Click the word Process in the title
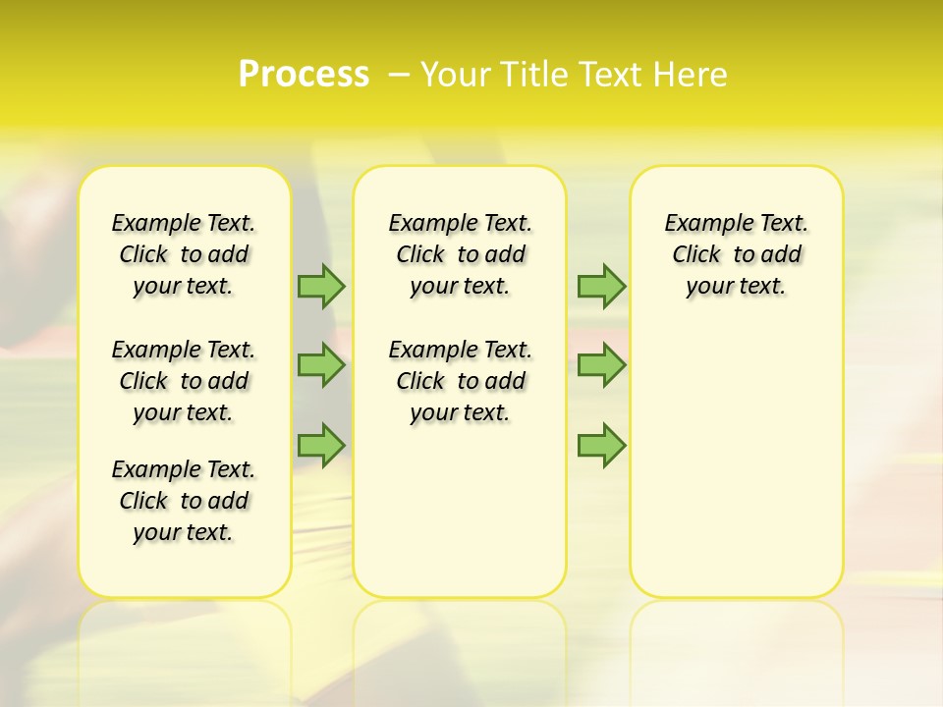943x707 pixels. [304, 75]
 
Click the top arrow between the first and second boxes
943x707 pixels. [320, 286]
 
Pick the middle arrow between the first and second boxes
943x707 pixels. [320, 365]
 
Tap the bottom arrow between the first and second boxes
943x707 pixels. [320, 445]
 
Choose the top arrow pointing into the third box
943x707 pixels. [601, 286]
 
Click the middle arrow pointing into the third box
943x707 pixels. [601, 365]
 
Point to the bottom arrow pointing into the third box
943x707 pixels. [601, 445]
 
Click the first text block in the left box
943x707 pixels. [184, 254]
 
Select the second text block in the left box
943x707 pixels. [184, 381]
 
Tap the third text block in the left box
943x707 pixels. [184, 501]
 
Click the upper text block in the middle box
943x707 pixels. [461, 254]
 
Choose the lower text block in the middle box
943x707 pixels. [461, 381]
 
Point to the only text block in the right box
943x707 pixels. [737, 254]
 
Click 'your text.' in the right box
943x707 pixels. [737, 287]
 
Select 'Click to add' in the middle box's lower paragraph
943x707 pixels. [461, 381]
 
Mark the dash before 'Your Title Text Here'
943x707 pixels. [399, 75]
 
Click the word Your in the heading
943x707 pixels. [456, 75]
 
